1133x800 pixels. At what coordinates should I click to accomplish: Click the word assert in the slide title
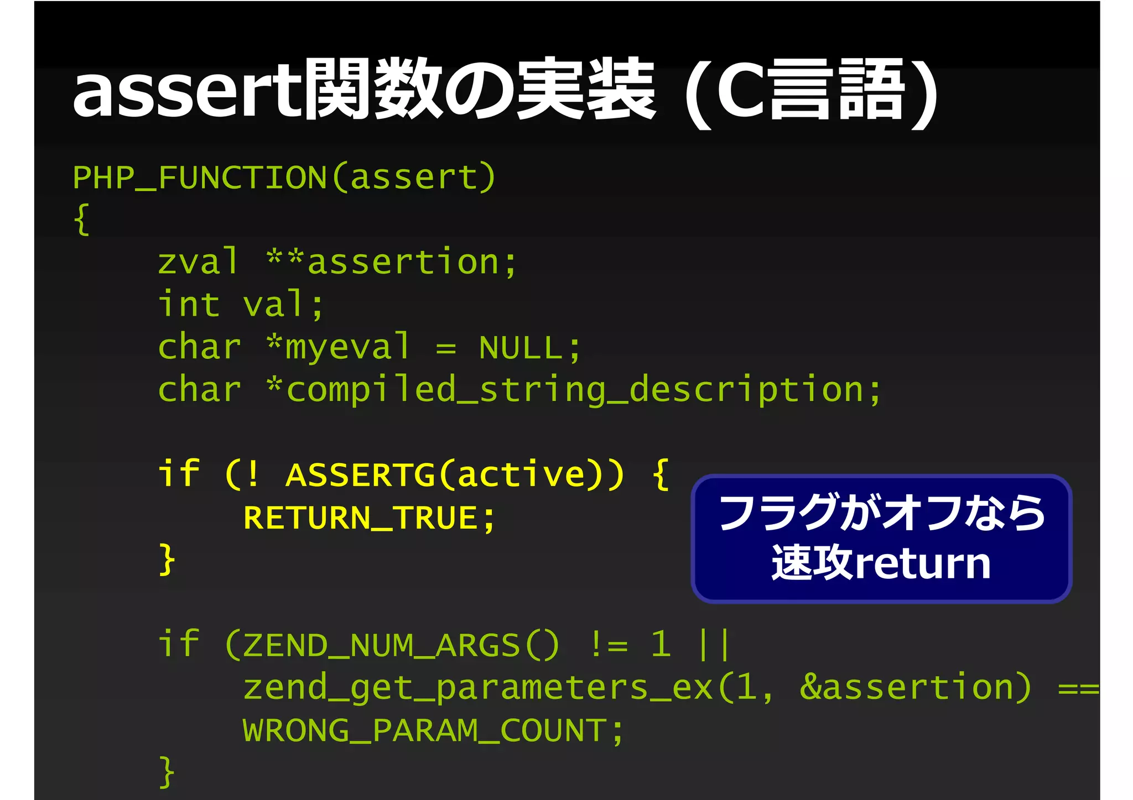tap(188, 91)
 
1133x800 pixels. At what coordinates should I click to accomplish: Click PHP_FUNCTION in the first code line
tap(200, 177)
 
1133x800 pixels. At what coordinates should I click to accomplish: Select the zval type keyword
tap(198, 262)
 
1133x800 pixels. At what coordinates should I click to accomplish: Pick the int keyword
tap(189, 305)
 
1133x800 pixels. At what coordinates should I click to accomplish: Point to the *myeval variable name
tap(339, 347)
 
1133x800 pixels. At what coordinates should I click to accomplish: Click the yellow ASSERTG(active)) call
tap(455, 475)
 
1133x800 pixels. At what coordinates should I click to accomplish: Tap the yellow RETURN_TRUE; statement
tap(369, 518)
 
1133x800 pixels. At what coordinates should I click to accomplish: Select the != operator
tap(609, 645)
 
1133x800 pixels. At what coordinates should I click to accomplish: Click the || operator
tap(714, 645)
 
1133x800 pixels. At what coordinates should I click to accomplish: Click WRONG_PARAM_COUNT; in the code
tap(433, 730)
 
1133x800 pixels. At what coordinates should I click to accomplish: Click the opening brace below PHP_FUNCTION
tap(82, 219)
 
